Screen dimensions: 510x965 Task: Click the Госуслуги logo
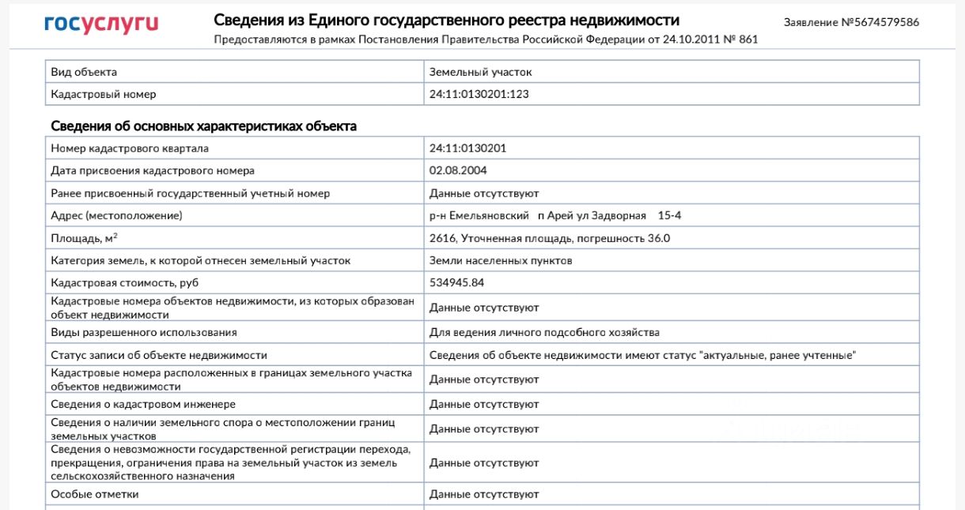tap(101, 23)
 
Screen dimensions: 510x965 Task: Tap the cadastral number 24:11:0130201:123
tap(479, 94)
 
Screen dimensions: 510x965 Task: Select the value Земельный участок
tap(480, 72)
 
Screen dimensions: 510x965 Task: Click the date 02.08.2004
tap(458, 171)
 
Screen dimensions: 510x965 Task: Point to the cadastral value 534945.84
tap(456, 283)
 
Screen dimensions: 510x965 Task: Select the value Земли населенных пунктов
tap(501, 261)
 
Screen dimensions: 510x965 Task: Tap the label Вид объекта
tap(84, 72)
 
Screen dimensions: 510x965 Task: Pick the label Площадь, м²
tap(85, 238)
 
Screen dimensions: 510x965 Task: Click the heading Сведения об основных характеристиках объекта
tap(203, 127)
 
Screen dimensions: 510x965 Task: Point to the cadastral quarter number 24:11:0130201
tap(467, 149)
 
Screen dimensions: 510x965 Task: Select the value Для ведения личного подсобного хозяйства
tap(544, 333)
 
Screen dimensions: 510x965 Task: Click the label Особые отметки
tap(94, 494)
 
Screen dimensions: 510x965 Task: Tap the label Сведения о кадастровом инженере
tap(143, 405)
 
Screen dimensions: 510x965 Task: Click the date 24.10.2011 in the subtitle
tap(676, 40)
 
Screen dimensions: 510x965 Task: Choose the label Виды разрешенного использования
tap(144, 333)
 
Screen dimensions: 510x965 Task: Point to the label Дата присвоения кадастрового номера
tap(153, 171)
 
